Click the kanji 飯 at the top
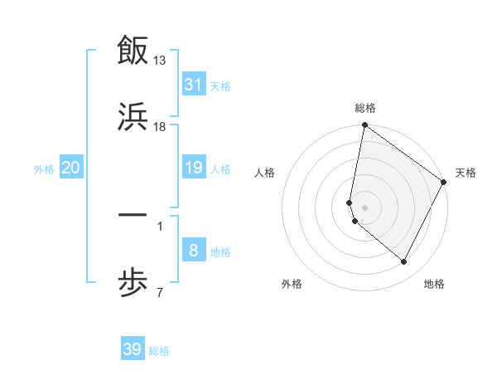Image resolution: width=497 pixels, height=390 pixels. coord(133,50)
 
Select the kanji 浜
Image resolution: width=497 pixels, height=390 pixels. coord(133,115)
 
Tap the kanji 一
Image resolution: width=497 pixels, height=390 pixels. coord(133,215)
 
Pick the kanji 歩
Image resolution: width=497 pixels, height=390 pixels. coord(133,281)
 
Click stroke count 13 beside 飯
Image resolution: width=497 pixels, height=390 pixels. coord(161,61)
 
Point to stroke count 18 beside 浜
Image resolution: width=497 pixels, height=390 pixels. coord(161,127)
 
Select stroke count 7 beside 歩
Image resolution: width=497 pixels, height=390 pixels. coord(160,292)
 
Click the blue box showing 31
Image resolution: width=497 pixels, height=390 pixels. coord(194,84)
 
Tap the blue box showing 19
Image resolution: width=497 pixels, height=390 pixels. coord(194,168)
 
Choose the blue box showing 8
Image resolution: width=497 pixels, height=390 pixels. coord(194,251)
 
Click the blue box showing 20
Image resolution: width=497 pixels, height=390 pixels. coord(71,168)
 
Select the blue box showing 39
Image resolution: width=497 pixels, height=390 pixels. coord(133,349)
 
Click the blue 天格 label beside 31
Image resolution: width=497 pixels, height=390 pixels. coord(220,85)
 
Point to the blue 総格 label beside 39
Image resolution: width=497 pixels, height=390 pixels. coord(159,351)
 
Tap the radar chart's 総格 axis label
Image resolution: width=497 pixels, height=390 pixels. coord(365,109)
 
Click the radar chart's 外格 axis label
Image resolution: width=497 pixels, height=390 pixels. coord(292,284)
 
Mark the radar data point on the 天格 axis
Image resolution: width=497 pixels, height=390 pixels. coord(444,183)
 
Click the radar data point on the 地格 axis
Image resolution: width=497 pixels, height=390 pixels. coord(404,262)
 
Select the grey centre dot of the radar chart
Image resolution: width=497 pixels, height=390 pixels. coord(365,207)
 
